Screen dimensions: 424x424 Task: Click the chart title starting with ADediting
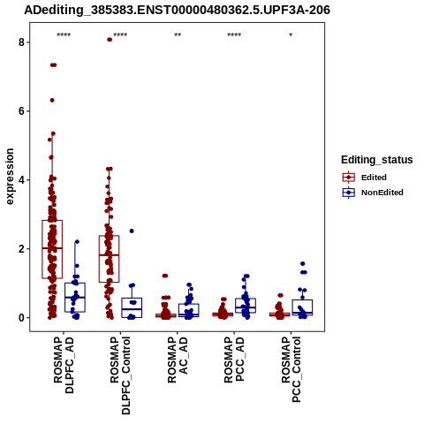177,11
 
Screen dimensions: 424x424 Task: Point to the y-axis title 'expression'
10,177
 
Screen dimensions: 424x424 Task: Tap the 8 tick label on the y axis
21,42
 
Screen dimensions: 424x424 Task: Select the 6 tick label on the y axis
21,111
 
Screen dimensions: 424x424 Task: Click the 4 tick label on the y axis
21,180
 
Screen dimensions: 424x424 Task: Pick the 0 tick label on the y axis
21,318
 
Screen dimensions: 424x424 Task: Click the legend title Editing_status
377,160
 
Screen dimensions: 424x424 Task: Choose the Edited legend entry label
374,178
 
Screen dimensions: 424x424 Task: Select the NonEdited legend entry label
382,193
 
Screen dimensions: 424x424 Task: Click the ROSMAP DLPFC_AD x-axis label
64,365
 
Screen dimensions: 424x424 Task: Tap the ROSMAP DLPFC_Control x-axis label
120,375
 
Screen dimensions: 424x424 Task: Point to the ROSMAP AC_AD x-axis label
178,360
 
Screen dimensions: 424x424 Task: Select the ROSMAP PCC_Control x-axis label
291,369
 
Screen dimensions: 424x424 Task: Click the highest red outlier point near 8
110,40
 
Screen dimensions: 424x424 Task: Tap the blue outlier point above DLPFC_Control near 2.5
132,231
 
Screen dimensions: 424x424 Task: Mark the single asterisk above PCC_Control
291,35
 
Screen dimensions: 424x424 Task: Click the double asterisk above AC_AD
178,35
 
